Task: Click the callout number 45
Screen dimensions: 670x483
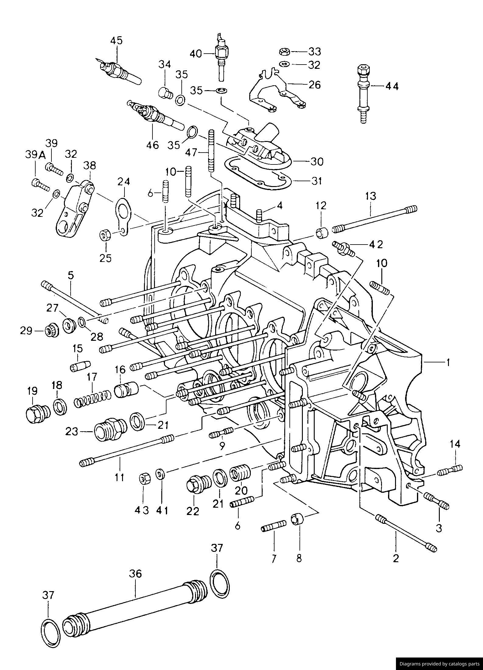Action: (116, 41)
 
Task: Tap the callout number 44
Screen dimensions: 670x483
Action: (392, 86)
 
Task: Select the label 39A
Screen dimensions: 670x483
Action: (35, 156)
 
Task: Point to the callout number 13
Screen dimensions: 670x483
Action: (371, 196)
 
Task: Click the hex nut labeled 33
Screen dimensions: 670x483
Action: (284, 51)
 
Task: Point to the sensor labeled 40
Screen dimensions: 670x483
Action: (221, 58)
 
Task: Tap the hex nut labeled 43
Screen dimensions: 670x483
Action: (144, 478)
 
